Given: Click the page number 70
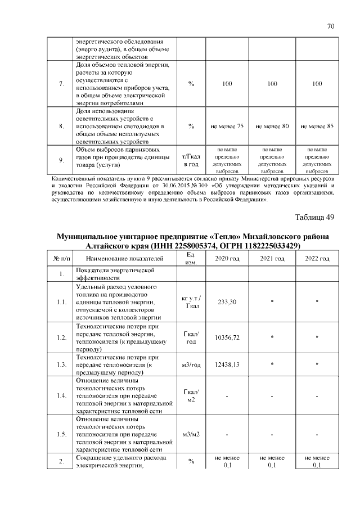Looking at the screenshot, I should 331,26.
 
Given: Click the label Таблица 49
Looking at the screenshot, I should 315,218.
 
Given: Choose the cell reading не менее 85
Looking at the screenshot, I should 317,127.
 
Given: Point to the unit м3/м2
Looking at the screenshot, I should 191,434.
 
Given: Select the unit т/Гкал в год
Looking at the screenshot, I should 191,160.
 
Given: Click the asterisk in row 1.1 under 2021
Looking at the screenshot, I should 272,303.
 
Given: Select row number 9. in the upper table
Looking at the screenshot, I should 61,160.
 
